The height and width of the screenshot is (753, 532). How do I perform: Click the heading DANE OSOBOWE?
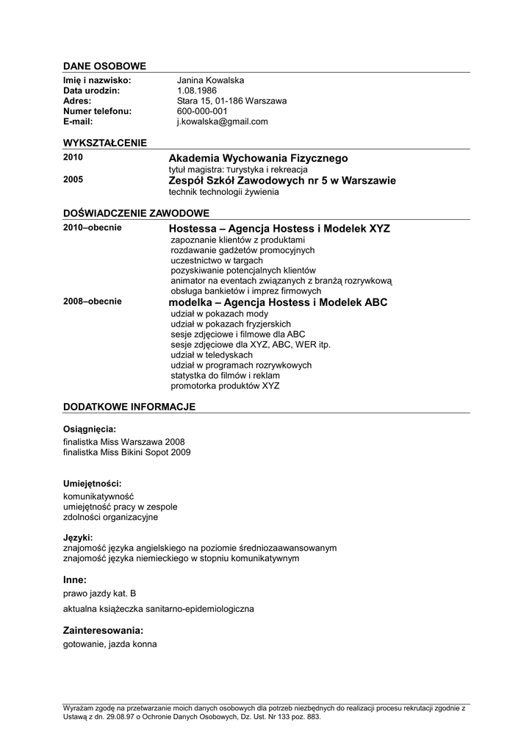click(x=104, y=66)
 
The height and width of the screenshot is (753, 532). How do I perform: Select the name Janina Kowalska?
click(x=210, y=80)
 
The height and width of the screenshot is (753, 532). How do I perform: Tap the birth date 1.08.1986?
click(x=197, y=90)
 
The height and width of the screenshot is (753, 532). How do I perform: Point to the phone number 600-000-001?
click(x=202, y=111)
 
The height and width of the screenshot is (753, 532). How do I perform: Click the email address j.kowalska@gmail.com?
click(x=222, y=121)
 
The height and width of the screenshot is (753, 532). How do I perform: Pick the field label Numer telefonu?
click(x=98, y=111)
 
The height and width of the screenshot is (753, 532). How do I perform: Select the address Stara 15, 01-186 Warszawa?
click(x=231, y=101)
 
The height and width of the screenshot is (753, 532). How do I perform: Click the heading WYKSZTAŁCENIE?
click(x=105, y=143)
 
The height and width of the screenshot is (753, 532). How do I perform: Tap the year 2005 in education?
click(x=73, y=179)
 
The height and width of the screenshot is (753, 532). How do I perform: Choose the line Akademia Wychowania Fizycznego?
click(x=258, y=158)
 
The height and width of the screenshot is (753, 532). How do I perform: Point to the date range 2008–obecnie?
click(x=93, y=301)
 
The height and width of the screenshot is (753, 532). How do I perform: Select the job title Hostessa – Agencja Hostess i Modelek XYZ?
click(x=279, y=229)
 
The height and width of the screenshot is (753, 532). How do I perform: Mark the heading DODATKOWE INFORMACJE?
click(x=129, y=406)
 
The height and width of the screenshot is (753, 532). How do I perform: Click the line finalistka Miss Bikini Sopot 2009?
click(x=127, y=452)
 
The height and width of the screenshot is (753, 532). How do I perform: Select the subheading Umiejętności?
click(x=93, y=483)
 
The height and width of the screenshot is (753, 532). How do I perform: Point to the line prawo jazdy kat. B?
click(x=100, y=593)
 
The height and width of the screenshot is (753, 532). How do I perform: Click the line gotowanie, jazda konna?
click(x=110, y=644)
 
